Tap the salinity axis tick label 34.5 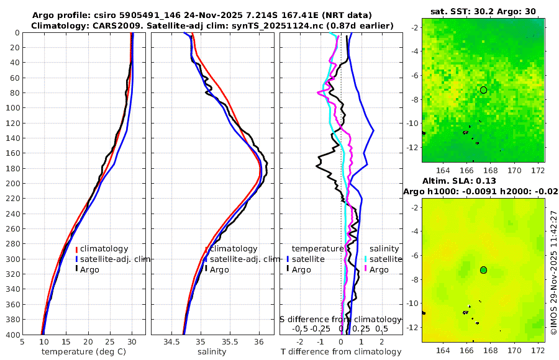click(x=171, y=341)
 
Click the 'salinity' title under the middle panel click(x=211, y=351)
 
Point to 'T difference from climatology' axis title click(x=341, y=351)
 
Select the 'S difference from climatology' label click(x=341, y=318)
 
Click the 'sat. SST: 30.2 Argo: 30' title click(x=483, y=11)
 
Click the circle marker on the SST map click(x=483, y=90)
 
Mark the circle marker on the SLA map click(x=483, y=270)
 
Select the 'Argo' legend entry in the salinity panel click(x=219, y=269)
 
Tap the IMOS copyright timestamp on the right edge click(x=553, y=272)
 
